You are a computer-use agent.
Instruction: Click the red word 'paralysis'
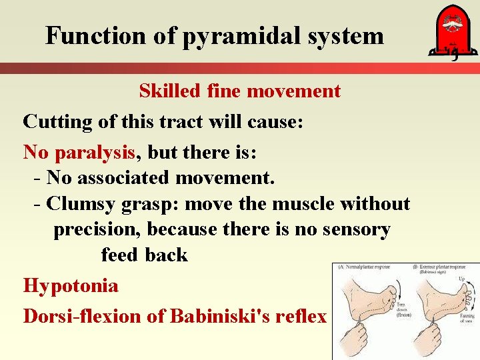point(95,153)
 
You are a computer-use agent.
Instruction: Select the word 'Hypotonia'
point(71,286)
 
